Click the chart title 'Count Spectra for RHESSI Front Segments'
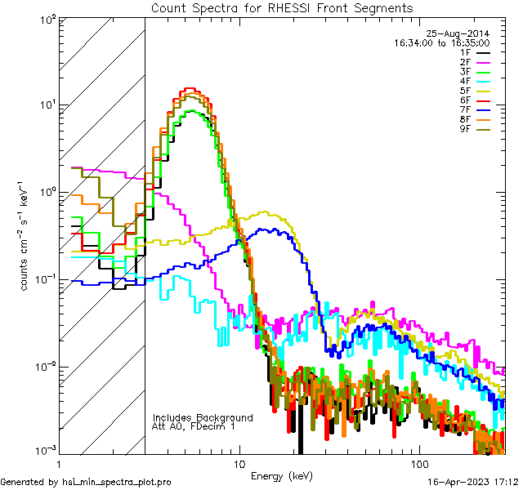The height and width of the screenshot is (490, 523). [282, 7]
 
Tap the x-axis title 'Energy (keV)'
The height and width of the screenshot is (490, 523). [283, 475]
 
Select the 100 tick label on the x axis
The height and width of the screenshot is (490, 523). [419, 464]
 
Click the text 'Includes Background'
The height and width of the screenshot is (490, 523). [203, 417]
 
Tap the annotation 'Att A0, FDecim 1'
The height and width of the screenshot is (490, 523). [194, 426]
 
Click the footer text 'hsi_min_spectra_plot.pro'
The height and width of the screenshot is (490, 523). [117, 483]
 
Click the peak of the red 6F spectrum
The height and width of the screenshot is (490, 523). [190, 88]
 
